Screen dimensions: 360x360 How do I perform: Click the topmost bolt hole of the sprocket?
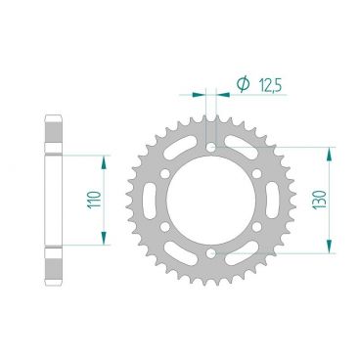pos(211,148)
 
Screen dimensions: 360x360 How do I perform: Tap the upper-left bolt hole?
pos(164,174)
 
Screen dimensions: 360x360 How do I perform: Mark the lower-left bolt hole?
pos(164,229)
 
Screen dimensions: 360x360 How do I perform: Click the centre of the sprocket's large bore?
pos(211,202)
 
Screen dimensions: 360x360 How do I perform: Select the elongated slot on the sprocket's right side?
pos(274,202)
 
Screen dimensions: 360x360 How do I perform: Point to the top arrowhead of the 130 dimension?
pos(331,153)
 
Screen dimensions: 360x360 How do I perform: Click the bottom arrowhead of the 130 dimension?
pos(331,251)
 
